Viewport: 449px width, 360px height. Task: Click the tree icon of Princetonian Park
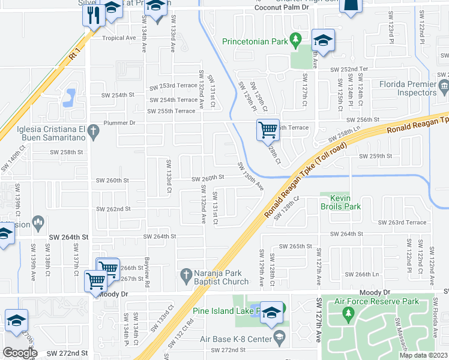pyautogui.click(x=295, y=41)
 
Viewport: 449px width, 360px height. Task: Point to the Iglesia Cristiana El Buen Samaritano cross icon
pyautogui.click(x=92, y=130)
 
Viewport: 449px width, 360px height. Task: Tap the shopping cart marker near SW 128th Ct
pyautogui.click(x=267, y=130)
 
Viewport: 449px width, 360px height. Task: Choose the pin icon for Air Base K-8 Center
pyautogui.click(x=277, y=338)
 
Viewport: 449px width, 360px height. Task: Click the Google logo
pyautogui.click(x=19, y=352)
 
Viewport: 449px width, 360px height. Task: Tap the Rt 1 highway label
pyautogui.click(x=74, y=55)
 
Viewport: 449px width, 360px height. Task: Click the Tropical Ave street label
pyautogui.click(x=119, y=38)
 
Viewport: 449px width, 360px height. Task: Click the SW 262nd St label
pyautogui.click(x=113, y=209)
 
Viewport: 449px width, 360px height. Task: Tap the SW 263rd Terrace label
pyautogui.click(x=402, y=222)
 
